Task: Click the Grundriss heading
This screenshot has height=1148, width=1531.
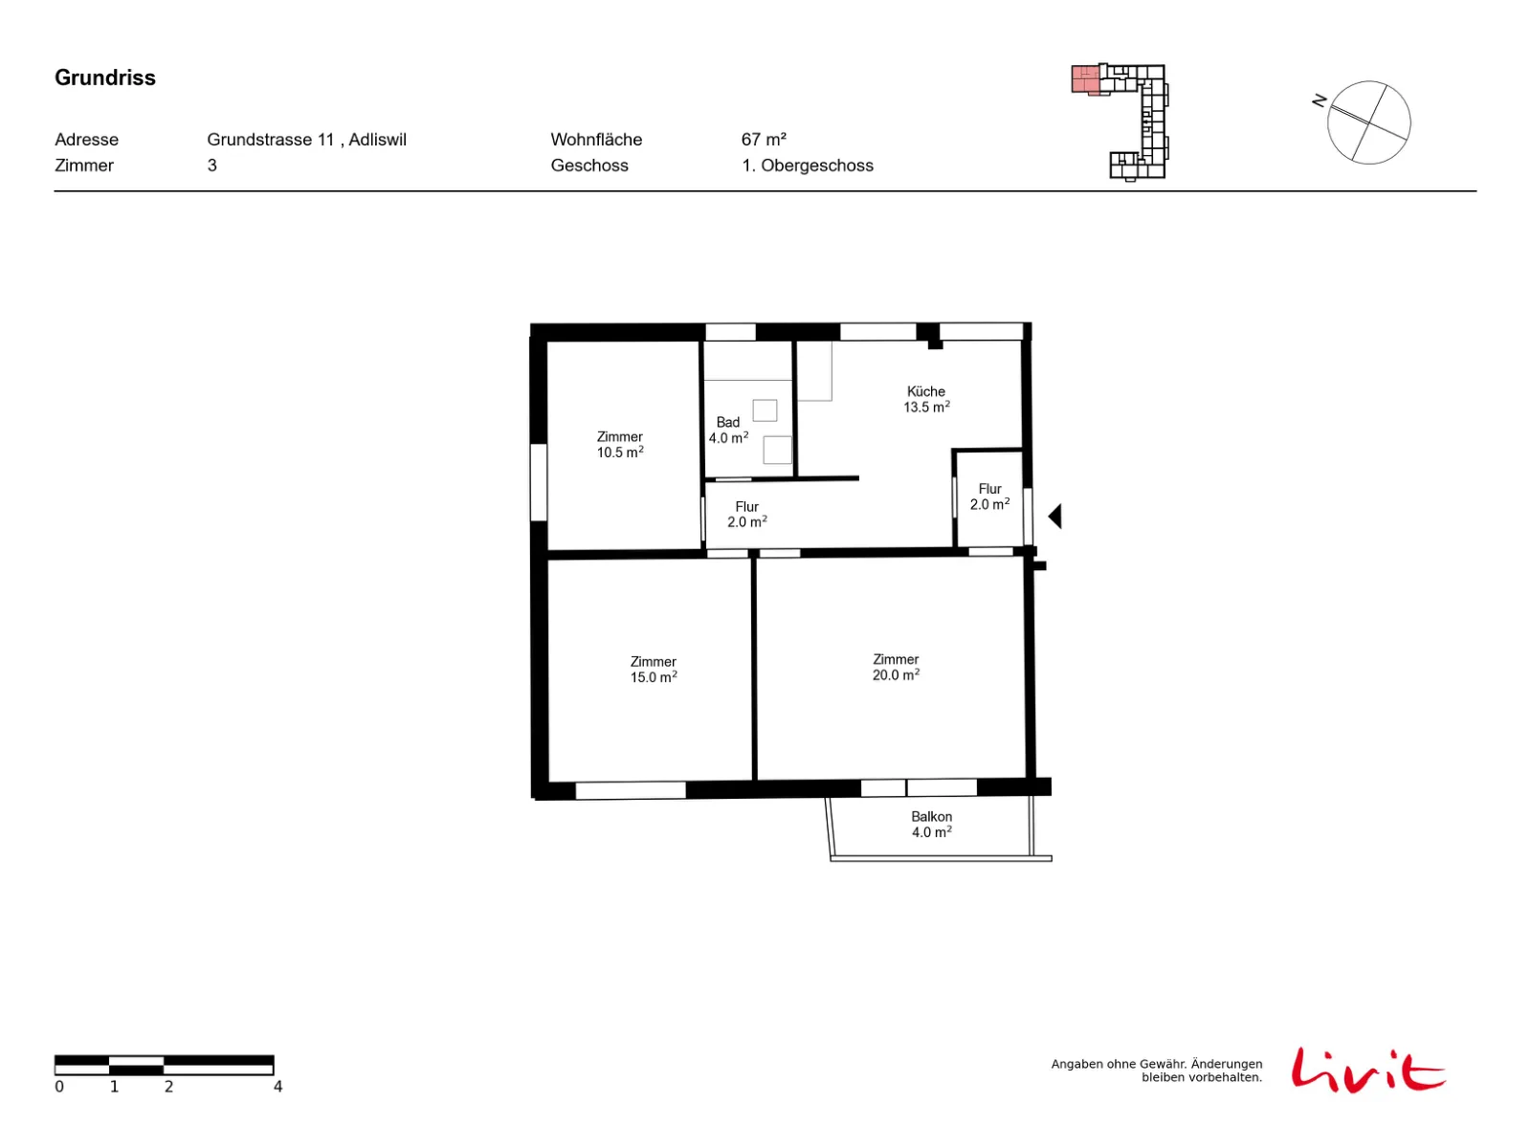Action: [x=104, y=77]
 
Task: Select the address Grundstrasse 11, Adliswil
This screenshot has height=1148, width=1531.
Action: [x=306, y=140]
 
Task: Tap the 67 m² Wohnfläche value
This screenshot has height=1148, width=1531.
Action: [x=763, y=140]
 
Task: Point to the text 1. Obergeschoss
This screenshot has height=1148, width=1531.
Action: [x=807, y=166]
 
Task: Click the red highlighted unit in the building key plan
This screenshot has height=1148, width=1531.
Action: [x=1084, y=79]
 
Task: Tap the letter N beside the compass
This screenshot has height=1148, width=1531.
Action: [x=1319, y=101]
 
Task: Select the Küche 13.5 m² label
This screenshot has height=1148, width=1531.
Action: [x=925, y=399]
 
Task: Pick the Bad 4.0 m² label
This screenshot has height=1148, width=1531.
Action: [x=728, y=430]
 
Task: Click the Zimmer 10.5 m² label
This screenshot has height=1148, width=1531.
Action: [x=619, y=444]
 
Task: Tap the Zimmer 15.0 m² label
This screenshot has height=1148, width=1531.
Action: [x=653, y=669]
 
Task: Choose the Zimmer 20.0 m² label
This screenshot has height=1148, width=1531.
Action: [x=896, y=667]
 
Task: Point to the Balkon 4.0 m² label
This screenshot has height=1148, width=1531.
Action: [x=931, y=824]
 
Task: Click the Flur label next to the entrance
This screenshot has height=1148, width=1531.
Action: [x=989, y=497]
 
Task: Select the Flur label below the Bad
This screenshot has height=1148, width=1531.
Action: [x=746, y=514]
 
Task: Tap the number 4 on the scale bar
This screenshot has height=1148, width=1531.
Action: [x=277, y=1086]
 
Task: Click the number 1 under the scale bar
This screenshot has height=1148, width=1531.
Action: [x=114, y=1086]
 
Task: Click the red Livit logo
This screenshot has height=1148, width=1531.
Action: [x=1367, y=1069]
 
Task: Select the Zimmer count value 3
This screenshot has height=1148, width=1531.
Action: [x=212, y=166]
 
